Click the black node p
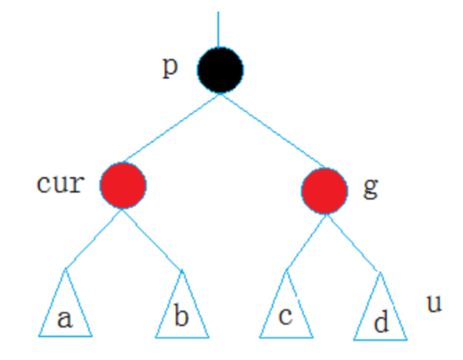pos(221,70)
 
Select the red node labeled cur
pos(123,185)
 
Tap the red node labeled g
pos(324,190)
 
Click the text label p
pos(170,67)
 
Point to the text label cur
pos(59,183)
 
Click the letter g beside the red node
pos(370,188)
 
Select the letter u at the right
pos(433,304)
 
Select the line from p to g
pos(271,130)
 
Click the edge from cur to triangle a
pos(94,238)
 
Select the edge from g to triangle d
pos(352,242)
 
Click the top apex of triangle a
pos(65,270)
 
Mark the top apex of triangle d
pos(379,272)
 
